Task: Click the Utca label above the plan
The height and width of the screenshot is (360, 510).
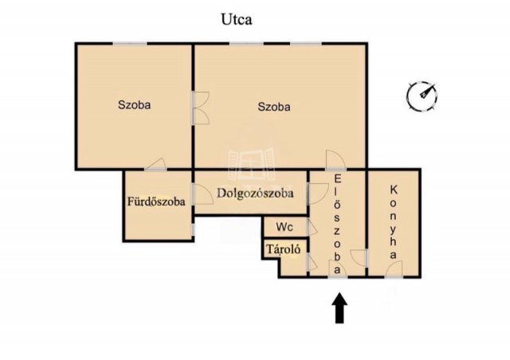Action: tap(237, 19)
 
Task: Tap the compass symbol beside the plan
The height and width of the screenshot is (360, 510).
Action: tap(422, 96)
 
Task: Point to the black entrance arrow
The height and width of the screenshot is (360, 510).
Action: tap(339, 307)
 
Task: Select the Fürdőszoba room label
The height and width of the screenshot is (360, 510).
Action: tap(156, 202)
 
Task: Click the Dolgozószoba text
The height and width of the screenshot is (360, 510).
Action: tap(255, 194)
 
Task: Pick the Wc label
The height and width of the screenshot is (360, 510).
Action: tap(284, 227)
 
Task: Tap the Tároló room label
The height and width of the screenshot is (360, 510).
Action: tap(283, 249)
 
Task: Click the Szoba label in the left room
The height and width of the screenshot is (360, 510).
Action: tap(134, 104)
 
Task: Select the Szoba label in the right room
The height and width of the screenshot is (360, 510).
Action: tap(274, 107)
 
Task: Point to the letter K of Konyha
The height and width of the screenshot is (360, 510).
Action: tap(394, 190)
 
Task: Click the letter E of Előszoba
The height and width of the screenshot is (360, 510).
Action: tap(338, 179)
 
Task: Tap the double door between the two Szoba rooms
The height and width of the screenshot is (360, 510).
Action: tap(200, 108)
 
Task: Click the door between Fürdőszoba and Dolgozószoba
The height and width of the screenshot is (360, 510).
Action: tap(202, 194)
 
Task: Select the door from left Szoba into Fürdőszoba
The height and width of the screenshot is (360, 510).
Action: tap(155, 164)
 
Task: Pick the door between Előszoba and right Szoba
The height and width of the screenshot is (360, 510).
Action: tap(335, 160)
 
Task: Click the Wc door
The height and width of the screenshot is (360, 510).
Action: tap(312, 227)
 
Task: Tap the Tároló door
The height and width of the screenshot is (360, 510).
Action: tap(312, 262)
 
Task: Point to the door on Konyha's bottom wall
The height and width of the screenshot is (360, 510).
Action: tap(394, 269)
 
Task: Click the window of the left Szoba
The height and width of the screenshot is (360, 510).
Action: tap(129, 43)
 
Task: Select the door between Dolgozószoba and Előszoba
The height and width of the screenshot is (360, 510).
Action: tap(318, 194)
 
